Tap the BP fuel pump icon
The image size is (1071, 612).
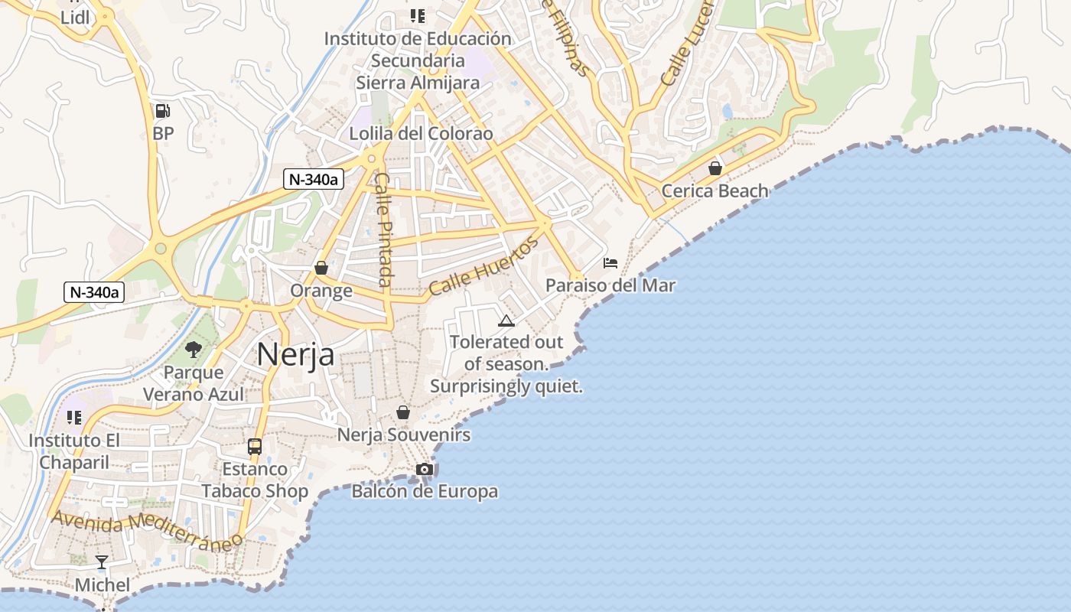click(162, 111)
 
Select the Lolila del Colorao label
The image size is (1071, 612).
click(421, 134)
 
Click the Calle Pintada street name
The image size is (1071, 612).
click(383, 229)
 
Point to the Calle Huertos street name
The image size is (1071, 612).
click(483, 267)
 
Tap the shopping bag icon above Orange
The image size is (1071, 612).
click(321, 268)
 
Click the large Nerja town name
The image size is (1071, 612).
click(295, 354)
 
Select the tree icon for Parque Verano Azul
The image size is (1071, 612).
click(194, 350)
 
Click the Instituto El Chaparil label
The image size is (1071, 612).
click(74, 451)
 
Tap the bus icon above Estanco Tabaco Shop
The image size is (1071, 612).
click(255, 447)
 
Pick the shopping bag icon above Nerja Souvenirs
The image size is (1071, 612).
click(403, 413)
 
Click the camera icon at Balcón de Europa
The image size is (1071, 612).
click(425, 469)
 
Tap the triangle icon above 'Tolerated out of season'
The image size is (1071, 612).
click(506, 321)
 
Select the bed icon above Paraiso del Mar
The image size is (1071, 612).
click(610, 263)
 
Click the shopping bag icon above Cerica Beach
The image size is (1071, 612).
click(715, 168)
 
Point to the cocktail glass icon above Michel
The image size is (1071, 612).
click(102, 562)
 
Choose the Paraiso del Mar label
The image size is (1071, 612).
click(610, 286)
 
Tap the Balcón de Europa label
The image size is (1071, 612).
click(425, 492)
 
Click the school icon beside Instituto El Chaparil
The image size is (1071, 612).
click(74, 418)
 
